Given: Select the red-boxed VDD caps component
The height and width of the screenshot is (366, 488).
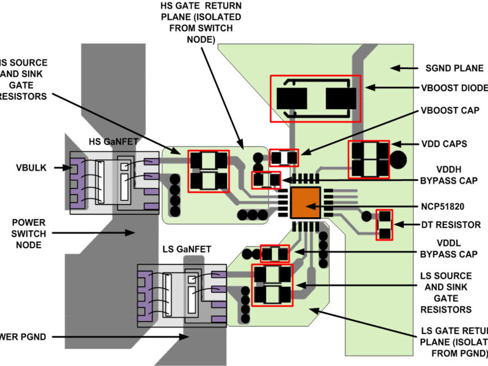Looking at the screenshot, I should [368, 159].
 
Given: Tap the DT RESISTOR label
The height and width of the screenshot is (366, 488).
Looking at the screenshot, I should [451, 225].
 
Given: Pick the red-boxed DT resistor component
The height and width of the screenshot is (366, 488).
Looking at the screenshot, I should [384, 224].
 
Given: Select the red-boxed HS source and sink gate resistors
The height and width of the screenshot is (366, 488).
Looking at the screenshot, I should [209, 171].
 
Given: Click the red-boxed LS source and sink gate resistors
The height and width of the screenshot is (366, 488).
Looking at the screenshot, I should [272, 284].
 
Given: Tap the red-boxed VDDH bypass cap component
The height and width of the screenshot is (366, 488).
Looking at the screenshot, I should [267, 179].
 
